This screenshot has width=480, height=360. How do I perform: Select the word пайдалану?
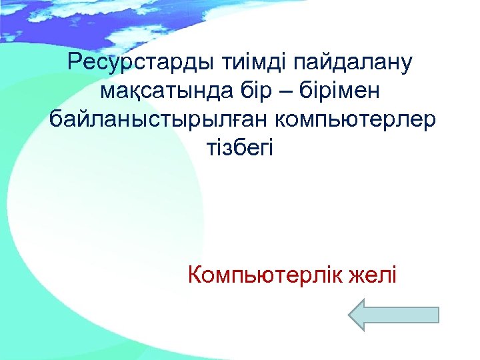point(349,64)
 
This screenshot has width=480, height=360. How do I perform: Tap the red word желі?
point(372,273)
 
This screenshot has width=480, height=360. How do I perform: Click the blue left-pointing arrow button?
point(393,315)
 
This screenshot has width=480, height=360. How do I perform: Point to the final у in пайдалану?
point(407,65)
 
